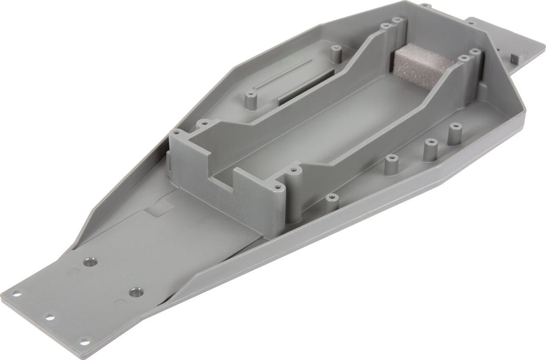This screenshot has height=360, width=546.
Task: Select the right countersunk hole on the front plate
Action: tap(135, 292)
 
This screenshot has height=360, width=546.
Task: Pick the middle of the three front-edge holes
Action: tap(50, 318)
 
